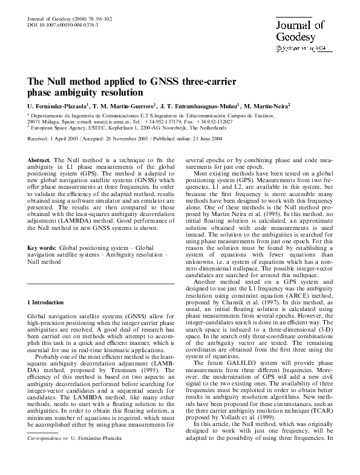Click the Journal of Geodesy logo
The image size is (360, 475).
pyautogui.click(x=301, y=31)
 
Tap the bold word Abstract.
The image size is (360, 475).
pyautogui.click(x=39, y=160)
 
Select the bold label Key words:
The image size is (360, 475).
pyautogui.click(x=42, y=248)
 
